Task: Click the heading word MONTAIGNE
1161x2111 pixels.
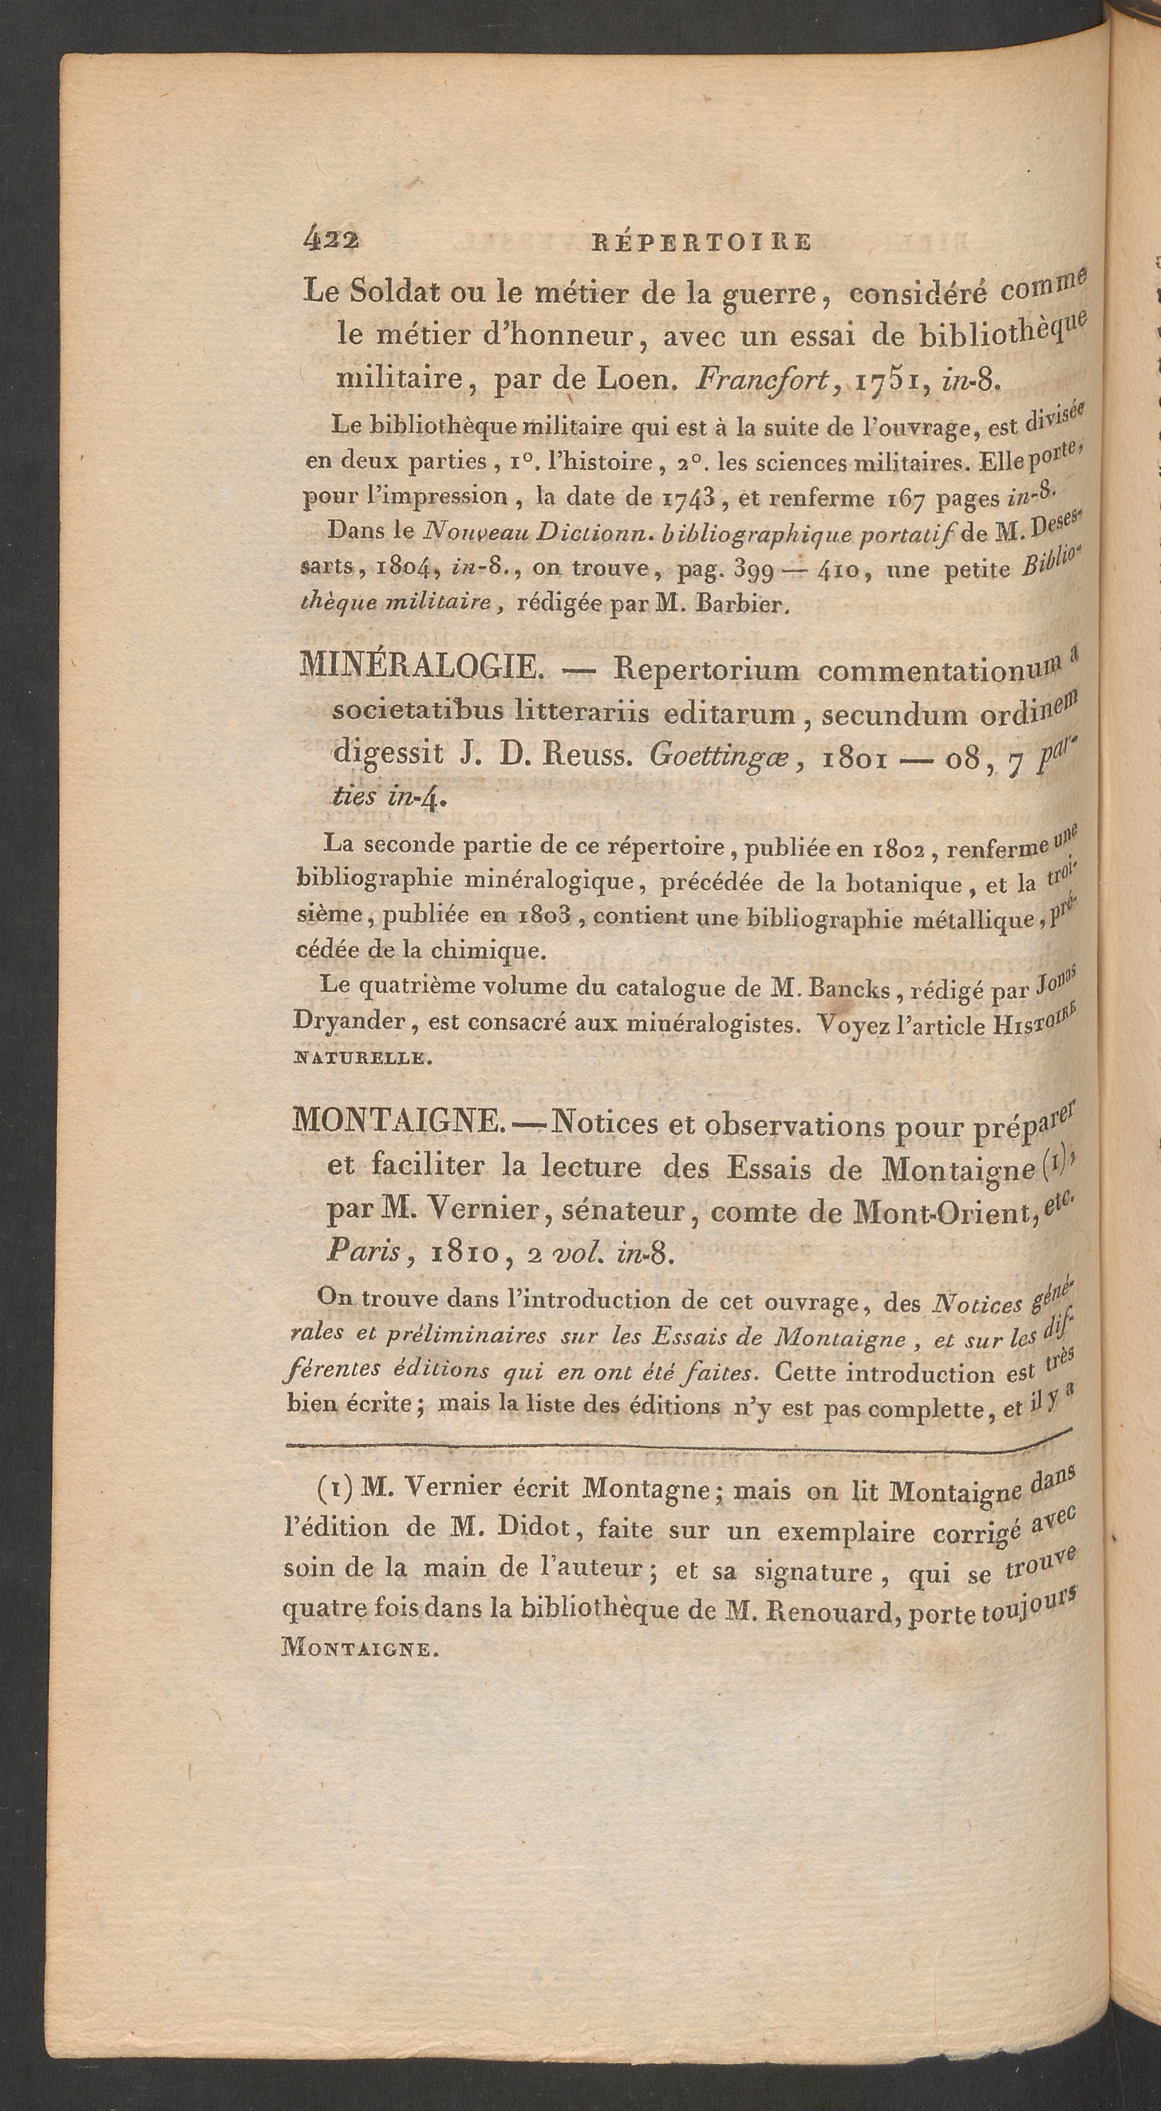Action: (x=397, y=1121)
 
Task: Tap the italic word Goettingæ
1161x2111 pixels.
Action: (x=722, y=755)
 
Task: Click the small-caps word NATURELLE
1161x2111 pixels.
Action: (x=360, y=1058)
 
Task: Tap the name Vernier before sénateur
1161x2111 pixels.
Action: (x=471, y=1209)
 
